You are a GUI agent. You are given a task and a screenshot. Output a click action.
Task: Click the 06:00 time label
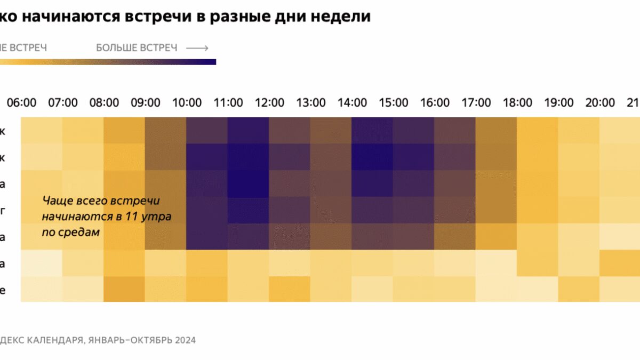[x=22, y=102]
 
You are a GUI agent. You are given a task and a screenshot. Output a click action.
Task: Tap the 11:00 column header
[x=228, y=102]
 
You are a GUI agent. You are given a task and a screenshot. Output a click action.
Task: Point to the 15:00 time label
[x=394, y=102]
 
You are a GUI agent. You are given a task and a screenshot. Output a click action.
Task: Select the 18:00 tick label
[x=517, y=102]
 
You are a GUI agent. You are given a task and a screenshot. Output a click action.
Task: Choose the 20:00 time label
[x=600, y=102]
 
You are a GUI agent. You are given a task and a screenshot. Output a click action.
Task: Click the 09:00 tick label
[x=146, y=102]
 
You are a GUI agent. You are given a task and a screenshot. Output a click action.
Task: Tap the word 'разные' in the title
[x=235, y=16]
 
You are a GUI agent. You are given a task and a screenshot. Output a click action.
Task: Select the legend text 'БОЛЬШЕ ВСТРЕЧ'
[x=137, y=48]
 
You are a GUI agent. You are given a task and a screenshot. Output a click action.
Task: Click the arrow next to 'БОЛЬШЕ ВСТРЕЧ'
[x=197, y=48]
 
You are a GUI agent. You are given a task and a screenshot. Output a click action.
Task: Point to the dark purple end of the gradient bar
[x=211, y=62]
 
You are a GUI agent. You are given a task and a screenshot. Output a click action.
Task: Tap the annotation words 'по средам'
[x=71, y=233]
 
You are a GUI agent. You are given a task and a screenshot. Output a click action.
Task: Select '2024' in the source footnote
[x=185, y=340]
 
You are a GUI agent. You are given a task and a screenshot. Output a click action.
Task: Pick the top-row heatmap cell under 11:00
[x=249, y=130]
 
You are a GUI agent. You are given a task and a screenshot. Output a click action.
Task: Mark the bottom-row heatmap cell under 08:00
[x=125, y=289]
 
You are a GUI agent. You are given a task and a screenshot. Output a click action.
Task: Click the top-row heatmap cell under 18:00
[x=538, y=130]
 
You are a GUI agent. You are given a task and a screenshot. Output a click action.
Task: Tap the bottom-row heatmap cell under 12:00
[x=290, y=289]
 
